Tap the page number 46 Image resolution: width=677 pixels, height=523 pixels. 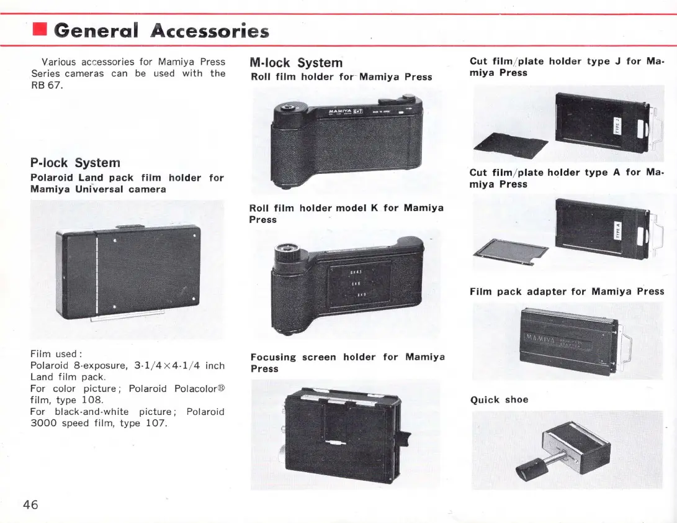[x=30, y=504]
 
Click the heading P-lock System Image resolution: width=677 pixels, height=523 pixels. [x=75, y=163]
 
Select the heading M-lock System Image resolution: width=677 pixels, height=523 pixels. [x=295, y=63]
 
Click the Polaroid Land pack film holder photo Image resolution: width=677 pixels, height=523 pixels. [x=127, y=270]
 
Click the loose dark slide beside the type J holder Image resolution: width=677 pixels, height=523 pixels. [x=511, y=145]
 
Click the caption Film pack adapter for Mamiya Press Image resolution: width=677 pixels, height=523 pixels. [x=567, y=291]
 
